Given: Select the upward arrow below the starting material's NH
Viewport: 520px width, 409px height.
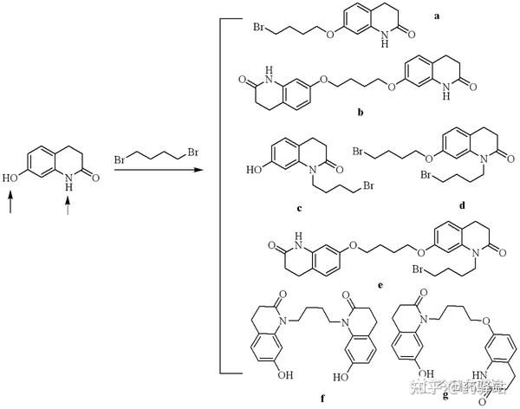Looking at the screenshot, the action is (68, 204).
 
